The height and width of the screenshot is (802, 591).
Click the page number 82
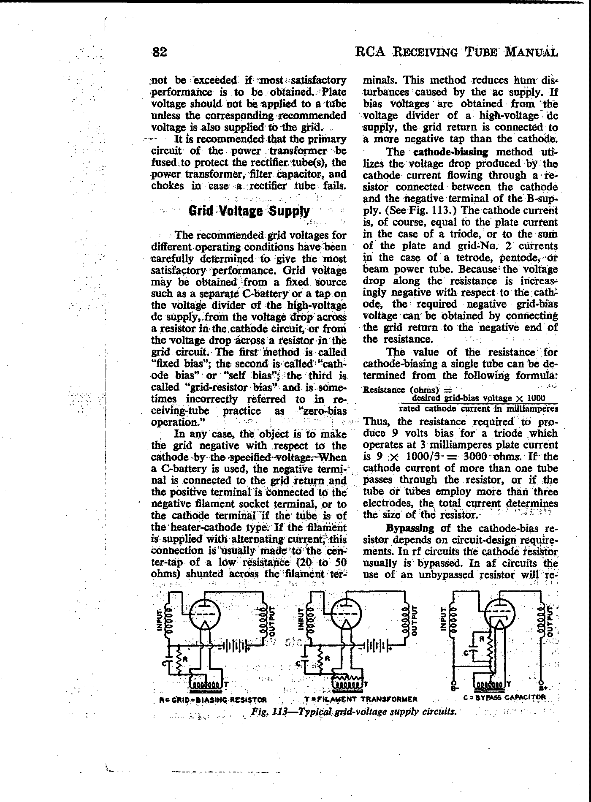(x=160, y=52)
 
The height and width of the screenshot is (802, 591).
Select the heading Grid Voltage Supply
(x=249, y=211)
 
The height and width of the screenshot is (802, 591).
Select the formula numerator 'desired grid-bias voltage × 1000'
(x=479, y=398)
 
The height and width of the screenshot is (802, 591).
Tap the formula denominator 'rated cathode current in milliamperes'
(x=479, y=408)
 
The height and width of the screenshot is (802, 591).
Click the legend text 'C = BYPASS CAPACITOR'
(x=504, y=697)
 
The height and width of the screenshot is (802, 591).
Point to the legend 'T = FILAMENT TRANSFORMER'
(x=361, y=699)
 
